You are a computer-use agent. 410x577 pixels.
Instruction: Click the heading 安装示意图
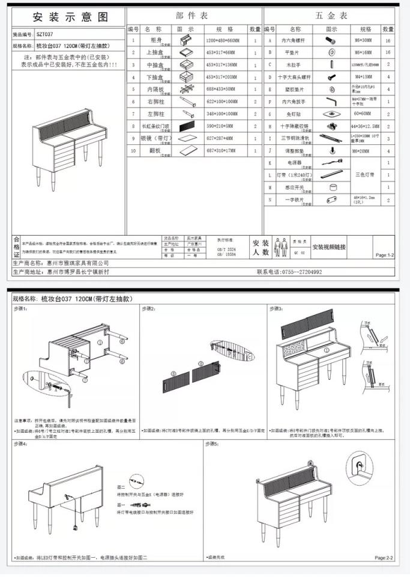pyautogui.click(x=70, y=17)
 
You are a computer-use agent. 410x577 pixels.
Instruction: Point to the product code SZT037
pyautogui.click(x=49, y=35)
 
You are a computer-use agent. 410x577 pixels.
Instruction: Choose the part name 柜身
pyautogui.click(x=155, y=40)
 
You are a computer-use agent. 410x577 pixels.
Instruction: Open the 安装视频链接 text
pyautogui.click(x=337, y=246)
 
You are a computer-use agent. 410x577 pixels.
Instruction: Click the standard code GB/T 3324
pyautogui.click(x=226, y=248)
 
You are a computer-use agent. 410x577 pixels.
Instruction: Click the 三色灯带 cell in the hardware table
pyautogui.click(x=364, y=174)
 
